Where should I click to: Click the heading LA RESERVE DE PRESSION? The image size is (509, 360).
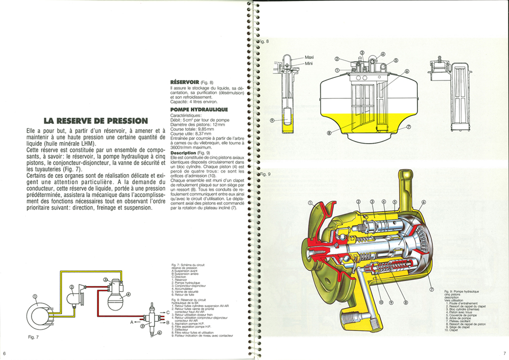[x=96, y=121]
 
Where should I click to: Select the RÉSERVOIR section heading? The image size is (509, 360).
[x=184, y=81]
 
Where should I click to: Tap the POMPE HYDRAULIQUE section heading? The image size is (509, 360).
[x=199, y=109]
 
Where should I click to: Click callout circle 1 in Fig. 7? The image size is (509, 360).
[x=35, y=296]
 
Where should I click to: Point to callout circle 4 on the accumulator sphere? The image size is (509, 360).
[x=128, y=294]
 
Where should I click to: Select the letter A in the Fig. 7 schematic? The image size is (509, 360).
[x=131, y=322]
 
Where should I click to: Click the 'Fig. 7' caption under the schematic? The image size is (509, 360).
[x=34, y=338]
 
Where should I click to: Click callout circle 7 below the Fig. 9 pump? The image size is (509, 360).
[x=431, y=290]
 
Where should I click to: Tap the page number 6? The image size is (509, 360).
[x=5, y=353]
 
